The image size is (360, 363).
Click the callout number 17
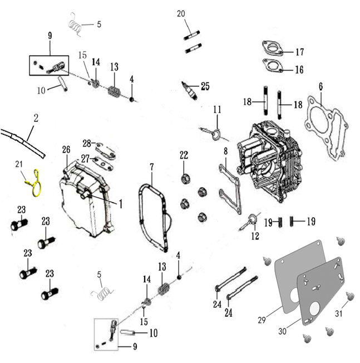coord(299,52)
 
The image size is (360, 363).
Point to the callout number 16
coord(299,70)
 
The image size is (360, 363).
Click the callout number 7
coord(151,167)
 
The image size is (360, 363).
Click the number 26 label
coord(66,149)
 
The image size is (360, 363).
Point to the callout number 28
coord(87,144)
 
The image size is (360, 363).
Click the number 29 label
coord(261,322)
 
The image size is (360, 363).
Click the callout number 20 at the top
coord(181,13)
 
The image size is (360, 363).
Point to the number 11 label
coord(217,109)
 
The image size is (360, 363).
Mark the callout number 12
coord(255,236)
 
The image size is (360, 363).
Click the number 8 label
coord(225,151)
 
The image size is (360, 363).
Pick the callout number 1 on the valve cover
coord(120,204)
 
